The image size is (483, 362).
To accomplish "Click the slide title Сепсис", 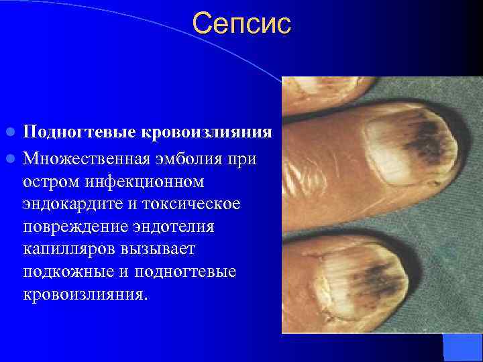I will coord(241,24).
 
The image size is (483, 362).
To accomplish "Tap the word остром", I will coord(50,182).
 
